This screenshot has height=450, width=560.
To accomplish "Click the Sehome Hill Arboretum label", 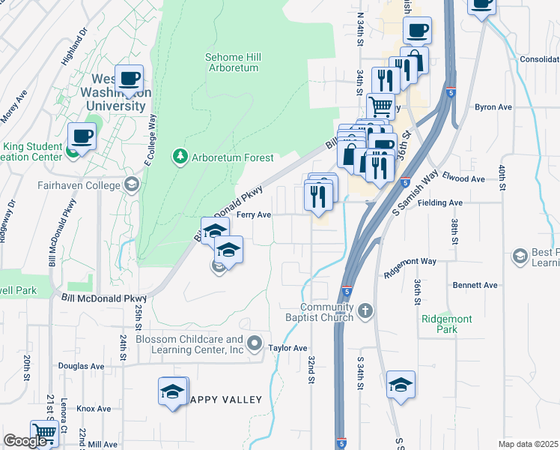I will [231, 62].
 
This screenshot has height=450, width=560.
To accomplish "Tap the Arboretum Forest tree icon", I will [180, 157].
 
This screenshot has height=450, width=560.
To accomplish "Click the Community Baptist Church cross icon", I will [365, 310].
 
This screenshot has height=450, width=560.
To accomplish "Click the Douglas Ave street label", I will [81, 366].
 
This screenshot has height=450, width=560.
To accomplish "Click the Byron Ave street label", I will [493, 107].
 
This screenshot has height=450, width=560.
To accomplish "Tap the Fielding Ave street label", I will [445, 202].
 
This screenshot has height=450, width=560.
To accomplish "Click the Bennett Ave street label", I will [475, 286].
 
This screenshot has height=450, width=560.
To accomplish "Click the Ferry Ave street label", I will [254, 214].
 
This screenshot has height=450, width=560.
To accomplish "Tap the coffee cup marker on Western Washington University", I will [129, 78].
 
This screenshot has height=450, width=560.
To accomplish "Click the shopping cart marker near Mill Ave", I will [44, 433].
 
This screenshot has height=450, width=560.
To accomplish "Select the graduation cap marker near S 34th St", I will [401, 385].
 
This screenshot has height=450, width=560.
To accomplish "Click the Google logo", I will [26, 441].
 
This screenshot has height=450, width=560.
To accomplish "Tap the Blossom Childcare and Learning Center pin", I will [255, 344].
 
